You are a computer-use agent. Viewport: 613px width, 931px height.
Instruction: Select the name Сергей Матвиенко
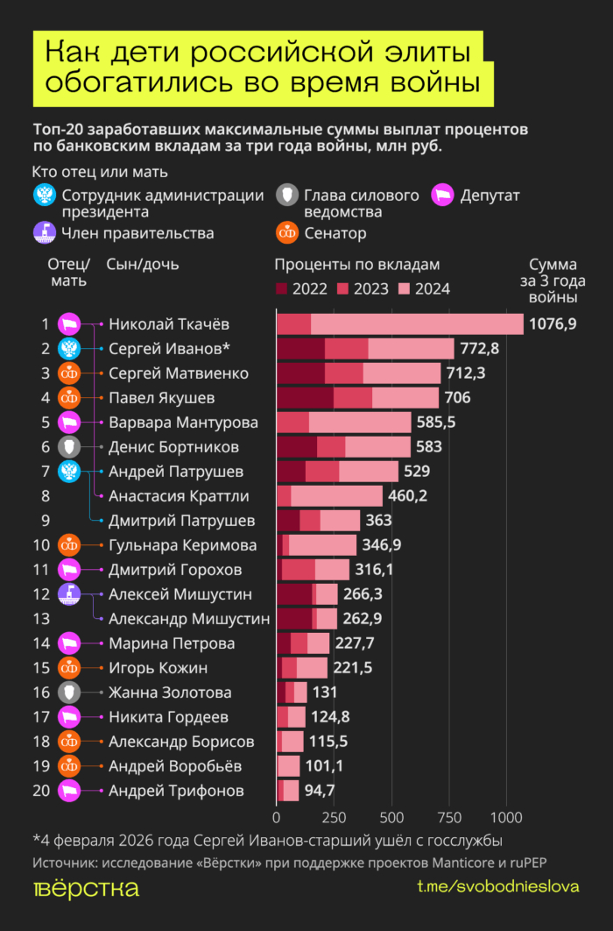(179, 373)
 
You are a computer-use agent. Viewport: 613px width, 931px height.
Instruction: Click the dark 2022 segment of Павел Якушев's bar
(305, 398)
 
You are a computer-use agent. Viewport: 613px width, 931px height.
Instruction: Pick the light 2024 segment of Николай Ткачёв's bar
(417, 324)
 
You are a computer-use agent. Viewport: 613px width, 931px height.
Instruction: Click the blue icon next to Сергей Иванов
(69, 349)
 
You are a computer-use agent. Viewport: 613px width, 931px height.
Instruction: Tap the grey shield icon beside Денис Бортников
(69, 447)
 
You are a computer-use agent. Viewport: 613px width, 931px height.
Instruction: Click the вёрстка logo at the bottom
(85, 888)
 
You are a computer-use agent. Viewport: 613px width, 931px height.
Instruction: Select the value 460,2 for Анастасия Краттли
(415, 497)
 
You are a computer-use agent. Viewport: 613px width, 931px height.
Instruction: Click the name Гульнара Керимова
(183, 546)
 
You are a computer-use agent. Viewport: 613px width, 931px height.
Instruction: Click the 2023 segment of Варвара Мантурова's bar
(292, 423)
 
